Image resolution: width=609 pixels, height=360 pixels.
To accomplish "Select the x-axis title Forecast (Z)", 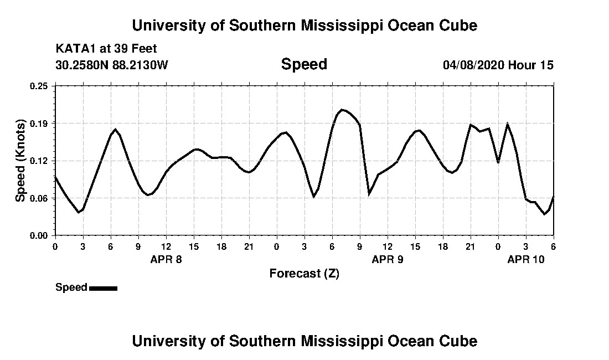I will pyautogui.click(x=304, y=273).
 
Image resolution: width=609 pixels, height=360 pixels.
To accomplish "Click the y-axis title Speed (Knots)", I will pyautogui.click(x=20, y=160).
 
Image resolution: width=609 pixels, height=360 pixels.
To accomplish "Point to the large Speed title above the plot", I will pyautogui.click(x=304, y=64).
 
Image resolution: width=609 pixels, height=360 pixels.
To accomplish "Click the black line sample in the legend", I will pyautogui.click(x=103, y=288).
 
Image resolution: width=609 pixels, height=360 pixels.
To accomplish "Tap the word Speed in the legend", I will pyautogui.click(x=71, y=287).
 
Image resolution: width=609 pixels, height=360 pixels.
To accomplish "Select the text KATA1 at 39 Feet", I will pyautogui.click(x=106, y=49).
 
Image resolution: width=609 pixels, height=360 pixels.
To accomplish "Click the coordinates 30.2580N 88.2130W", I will pyautogui.click(x=112, y=65).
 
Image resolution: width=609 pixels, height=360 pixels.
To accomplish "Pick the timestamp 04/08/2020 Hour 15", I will pyautogui.click(x=498, y=65).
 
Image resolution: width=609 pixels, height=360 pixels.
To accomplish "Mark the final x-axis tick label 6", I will pyautogui.click(x=553, y=246).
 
